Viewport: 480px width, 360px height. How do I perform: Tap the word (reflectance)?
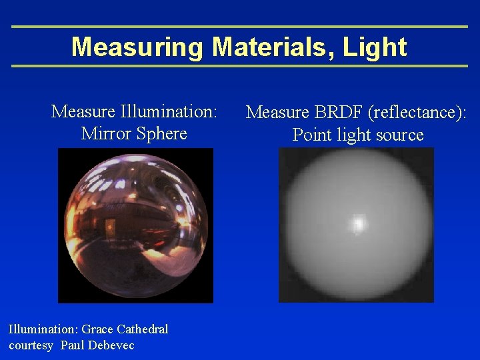click(419, 112)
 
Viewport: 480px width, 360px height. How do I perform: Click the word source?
click(398, 135)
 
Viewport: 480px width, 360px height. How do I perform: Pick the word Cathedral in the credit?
click(143, 329)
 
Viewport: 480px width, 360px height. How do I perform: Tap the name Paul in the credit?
click(72, 345)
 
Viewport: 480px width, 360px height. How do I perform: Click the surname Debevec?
click(110, 345)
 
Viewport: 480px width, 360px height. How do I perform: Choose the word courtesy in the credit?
click(31, 345)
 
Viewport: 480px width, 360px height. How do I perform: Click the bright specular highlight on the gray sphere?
click(359, 223)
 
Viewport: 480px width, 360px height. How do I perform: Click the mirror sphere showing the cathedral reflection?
click(135, 225)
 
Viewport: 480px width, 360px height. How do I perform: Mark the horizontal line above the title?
click(240, 27)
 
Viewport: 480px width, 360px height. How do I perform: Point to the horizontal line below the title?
click(240, 66)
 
